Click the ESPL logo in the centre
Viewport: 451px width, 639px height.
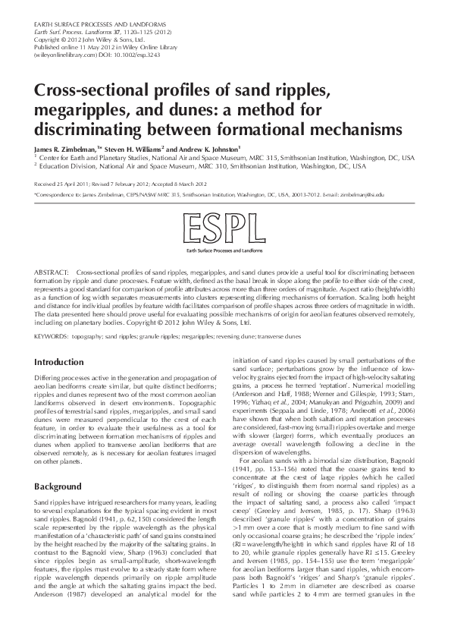click(x=225, y=228)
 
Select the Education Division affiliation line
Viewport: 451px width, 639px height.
click(x=205, y=166)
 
